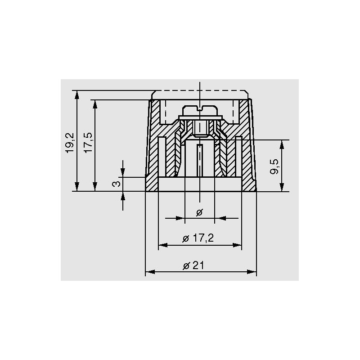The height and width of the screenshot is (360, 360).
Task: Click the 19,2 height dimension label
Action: pos(70,143)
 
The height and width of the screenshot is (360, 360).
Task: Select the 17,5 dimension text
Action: pos(88,143)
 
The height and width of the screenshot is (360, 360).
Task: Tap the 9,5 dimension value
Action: pos(274,166)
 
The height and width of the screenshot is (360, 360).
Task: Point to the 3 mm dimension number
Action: pos(116,184)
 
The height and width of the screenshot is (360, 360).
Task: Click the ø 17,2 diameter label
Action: pos(198,238)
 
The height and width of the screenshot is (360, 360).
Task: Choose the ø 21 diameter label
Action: pos(193,265)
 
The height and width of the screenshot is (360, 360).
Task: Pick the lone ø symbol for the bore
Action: pos(199,213)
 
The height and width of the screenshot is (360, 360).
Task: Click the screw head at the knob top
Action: pos(200,110)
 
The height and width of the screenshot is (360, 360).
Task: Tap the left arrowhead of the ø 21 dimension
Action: pos(150,272)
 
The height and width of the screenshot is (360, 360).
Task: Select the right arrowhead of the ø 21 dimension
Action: pos(252,272)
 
